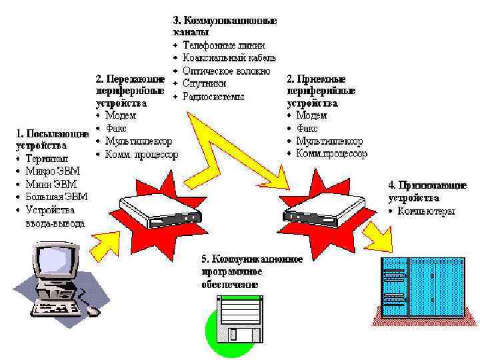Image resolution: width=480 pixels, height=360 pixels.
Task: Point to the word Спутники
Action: [205, 83]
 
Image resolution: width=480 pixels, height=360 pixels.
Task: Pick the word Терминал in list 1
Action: [46, 159]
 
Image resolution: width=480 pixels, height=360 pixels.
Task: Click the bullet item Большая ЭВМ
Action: [56, 197]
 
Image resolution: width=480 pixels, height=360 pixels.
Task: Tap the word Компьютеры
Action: [426, 211]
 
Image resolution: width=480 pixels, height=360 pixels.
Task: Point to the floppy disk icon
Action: [241, 319]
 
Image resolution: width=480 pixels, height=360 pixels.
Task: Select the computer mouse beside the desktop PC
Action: [93, 311]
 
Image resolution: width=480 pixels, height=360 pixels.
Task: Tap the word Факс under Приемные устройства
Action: [307, 129]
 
